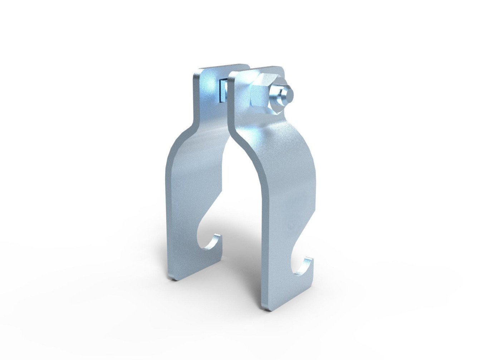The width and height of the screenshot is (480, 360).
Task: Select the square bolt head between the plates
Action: point(222,90)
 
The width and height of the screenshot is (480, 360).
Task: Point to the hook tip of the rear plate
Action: point(217,237)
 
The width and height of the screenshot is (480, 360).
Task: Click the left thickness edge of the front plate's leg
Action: point(267,250)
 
